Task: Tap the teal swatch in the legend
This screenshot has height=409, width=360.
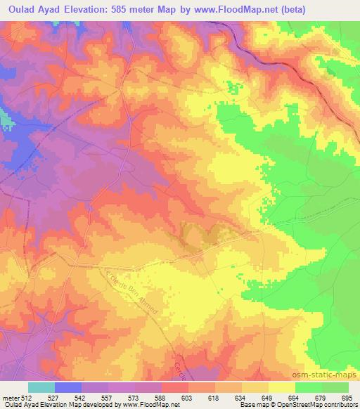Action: (41, 387)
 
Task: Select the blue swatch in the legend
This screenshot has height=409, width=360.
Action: (68, 387)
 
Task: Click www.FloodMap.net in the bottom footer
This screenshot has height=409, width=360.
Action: (144, 405)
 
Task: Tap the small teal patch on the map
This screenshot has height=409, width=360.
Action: (6, 122)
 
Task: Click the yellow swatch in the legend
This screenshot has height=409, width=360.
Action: (281, 387)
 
